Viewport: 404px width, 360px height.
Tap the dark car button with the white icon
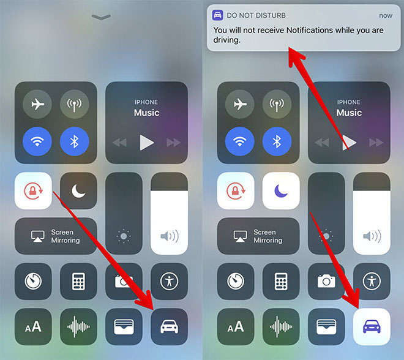pos(170,327)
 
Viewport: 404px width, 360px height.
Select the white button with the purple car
pos(372,327)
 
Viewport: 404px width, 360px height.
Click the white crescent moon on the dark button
pos(78,192)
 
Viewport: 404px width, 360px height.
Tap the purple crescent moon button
pos(281,190)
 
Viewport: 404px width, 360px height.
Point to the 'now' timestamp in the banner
pos(386,16)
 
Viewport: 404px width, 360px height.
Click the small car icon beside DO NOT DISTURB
pos(217,15)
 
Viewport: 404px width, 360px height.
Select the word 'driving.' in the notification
pos(226,40)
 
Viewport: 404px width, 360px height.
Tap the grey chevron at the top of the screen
pos(101,17)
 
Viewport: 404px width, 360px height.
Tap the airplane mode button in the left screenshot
pos(37,104)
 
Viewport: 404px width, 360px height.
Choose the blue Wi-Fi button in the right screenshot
pos(239,141)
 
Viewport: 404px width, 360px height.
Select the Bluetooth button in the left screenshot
pos(75,141)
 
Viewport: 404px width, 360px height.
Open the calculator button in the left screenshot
pos(78,281)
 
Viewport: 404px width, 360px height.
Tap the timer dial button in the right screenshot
pos(236,281)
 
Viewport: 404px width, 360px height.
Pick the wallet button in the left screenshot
pos(124,327)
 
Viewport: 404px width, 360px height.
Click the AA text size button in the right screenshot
pos(236,327)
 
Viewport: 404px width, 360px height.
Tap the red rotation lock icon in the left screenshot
pos(33,191)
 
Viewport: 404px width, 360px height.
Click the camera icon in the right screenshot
pos(326,281)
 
